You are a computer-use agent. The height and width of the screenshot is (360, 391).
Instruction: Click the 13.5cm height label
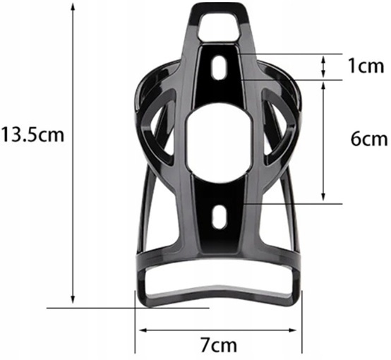(x=32, y=134)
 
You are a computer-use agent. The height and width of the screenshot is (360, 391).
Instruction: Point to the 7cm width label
(x=218, y=345)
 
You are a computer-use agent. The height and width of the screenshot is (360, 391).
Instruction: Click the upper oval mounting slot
(x=219, y=68)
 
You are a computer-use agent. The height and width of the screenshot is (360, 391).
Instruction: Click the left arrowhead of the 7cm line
(x=141, y=329)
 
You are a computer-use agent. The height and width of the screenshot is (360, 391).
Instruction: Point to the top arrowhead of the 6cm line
(x=324, y=84)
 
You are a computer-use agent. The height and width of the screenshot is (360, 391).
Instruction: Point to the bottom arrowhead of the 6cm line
(x=324, y=199)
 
